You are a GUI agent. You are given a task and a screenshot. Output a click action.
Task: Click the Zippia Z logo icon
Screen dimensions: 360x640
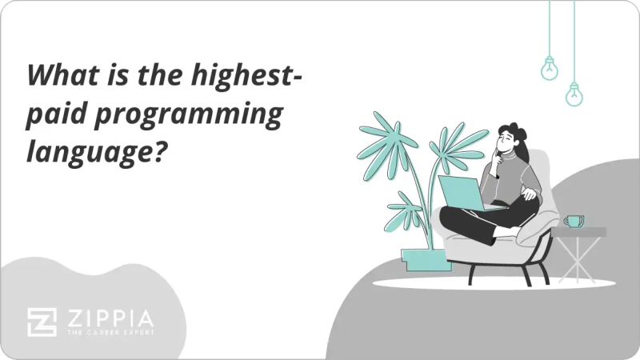click(x=42, y=322)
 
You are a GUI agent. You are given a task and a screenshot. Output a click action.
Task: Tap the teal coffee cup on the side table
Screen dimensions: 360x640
click(x=574, y=220)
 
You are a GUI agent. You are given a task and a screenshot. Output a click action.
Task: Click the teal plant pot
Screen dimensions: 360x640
click(x=422, y=258)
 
